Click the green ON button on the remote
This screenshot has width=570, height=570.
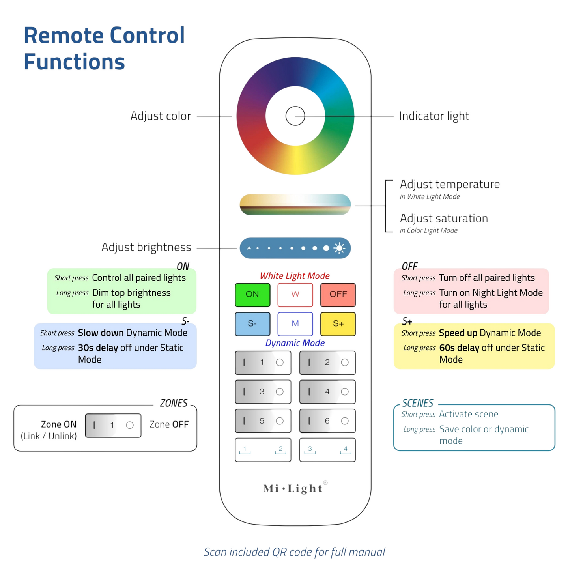pyautogui.click(x=252, y=295)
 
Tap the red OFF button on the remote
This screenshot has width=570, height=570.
pyautogui.click(x=338, y=295)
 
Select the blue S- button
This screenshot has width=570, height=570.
pyautogui.click(x=252, y=324)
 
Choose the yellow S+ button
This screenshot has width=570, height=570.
pyautogui.click(x=338, y=324)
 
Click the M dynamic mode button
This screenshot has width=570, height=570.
pyautogui.click(x=295, y=324)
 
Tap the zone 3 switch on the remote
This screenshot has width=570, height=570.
pyautogui.click(x=263, y=392)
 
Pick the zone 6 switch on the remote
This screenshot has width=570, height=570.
pyautogui.click(x=327, y=421)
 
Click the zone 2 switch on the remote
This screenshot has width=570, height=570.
pyautogui.click(x=327, y=363)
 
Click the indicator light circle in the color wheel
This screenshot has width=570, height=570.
pyautogui.click(x=295, y=116)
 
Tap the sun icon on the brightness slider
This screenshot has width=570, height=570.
pyautogui.click(x=339, y=248)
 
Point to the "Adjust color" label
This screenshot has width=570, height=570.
pyautogui.click(x=161, y=116)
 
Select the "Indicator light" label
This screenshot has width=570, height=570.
pyautogui.click(x=434, y=116)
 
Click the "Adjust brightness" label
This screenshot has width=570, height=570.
pyautogui.click(x=146, y=247)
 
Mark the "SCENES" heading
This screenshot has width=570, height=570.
pyautogui.click(x=418, y=403)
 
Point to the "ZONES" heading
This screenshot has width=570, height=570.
pyautogui.click(x=174, y=403)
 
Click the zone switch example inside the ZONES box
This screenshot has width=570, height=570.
pyautogui.click(x=113, y=425)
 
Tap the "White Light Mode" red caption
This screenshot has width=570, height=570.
pyautogui.click(x=295, y=276)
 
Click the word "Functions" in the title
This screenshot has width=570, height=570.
pyautogui.click(x=74, y=62)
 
